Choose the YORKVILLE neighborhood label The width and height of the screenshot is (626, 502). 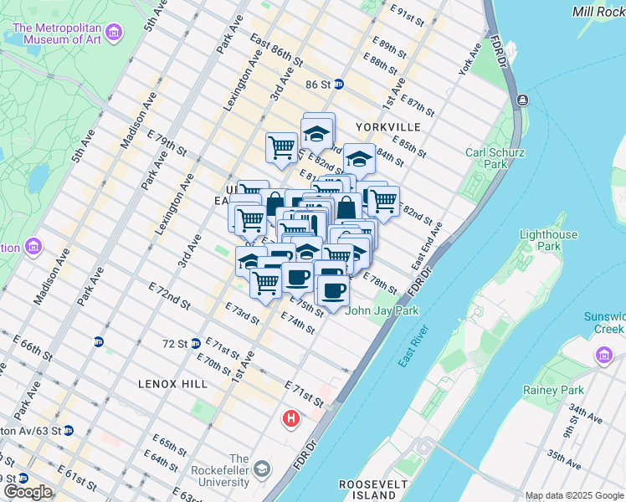[x=387, y=127]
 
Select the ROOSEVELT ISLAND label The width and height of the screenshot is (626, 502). [x=372, y=489]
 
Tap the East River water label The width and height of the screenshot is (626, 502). [x=416, y=345]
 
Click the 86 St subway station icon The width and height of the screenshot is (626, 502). [x=338, y=85]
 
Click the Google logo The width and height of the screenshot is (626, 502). [x=28, y=491]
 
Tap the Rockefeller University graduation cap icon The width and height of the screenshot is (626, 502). [x=263, y=468]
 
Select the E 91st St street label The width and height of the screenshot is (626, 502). [x=408, y=13]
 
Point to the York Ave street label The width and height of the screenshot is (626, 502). [x=469, y=59]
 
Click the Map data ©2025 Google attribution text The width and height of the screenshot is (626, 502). [x=574, y=494]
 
